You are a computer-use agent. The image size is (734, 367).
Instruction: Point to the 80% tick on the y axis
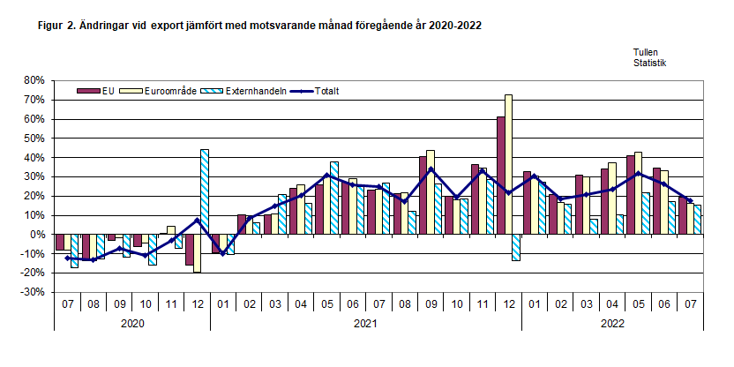tap(34, 80)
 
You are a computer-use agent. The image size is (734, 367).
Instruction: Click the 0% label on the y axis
tap(36, 235)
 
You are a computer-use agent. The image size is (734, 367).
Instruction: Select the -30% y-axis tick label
tap(32, 293)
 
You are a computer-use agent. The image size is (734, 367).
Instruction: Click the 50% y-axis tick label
tap(34, 139)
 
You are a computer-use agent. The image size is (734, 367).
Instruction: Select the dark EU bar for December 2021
tap(500, 176)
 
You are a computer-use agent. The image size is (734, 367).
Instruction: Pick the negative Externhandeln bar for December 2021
tap(517, 248)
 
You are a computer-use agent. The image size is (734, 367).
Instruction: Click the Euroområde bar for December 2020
tap(197, 254)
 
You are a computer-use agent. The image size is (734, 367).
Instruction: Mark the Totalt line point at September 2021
tap(431, 169)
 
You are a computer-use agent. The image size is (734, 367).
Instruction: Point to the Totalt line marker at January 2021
tap(223, 253)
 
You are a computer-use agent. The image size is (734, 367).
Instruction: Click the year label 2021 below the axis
tap(366, 324)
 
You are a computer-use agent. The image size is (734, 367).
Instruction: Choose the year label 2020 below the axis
tap(132, 324)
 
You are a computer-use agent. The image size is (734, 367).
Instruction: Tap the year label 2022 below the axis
tap(613, 324)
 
